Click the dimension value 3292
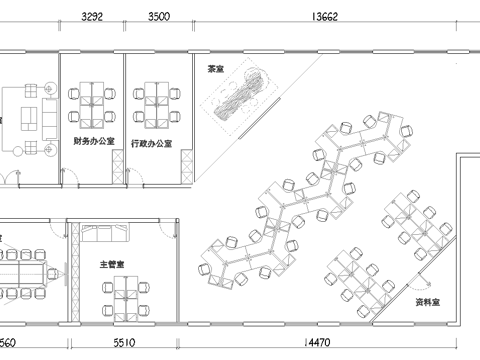click(92, 17)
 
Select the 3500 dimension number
click(158, 17)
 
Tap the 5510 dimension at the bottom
click(123, 343)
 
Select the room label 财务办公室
click(92, 143)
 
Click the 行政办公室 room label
click(151, 143)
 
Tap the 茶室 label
click(214, 69)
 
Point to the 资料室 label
click(428, 300)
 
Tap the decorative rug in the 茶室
click(237, 98)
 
